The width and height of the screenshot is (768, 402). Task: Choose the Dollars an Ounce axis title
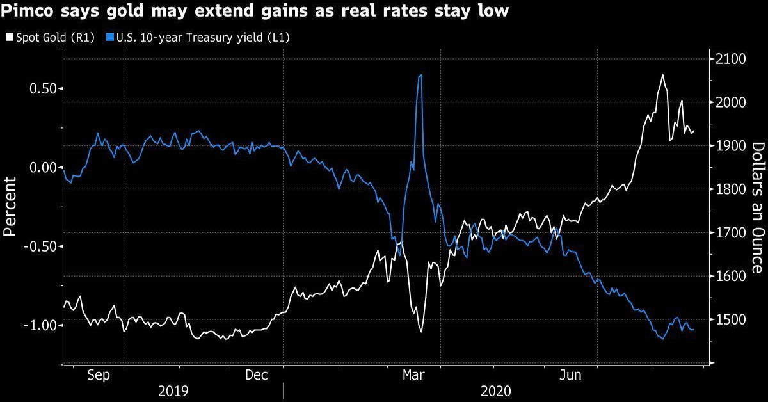click(x=756, y=207)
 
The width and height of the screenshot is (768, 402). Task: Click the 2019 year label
click(x=173, y=390)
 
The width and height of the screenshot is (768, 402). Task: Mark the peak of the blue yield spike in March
click(x=420, y=75)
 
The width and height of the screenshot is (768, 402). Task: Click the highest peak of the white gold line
click(x=662, y=75)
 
